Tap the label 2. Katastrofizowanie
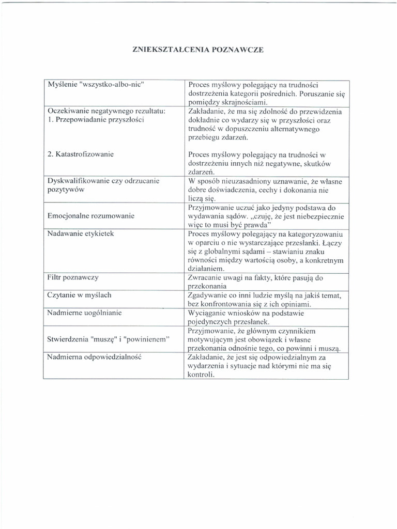81,154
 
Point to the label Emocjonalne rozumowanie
91,215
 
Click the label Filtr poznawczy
73,277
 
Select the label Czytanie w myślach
79,295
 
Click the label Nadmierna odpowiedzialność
94,356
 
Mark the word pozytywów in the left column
66,190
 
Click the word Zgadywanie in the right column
208,295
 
